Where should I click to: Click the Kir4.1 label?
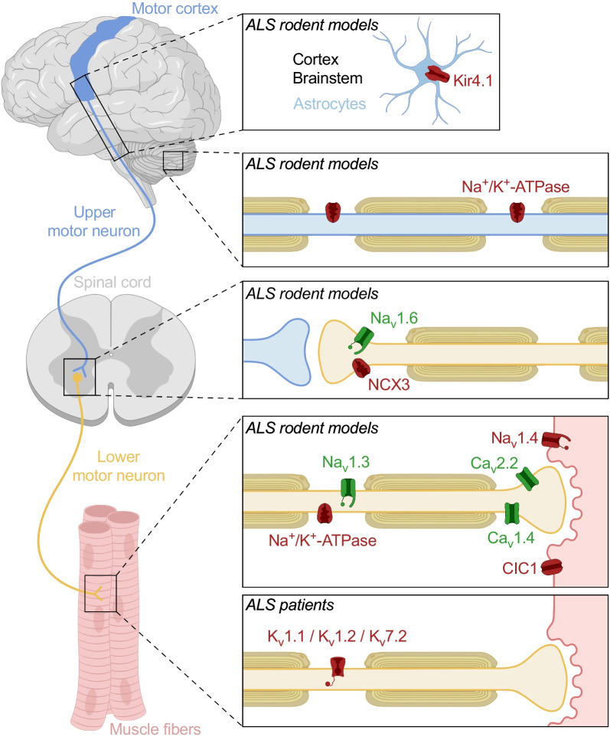pos(473,80)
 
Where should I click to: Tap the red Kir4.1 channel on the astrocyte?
pos(438,74)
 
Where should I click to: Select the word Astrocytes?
pos(330,104)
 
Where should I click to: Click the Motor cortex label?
pos(175,8)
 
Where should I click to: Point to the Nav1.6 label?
pos(394,319)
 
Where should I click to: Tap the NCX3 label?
pos(389,385)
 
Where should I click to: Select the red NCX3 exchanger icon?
pos(360,368)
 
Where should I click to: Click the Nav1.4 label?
pos(514,439)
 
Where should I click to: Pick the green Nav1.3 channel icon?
pos(348,493)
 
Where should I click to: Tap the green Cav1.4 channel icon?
pos(511,513)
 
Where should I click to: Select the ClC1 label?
pos(520,568)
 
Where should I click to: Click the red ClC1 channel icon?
pos(552,567)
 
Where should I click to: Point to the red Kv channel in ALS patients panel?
pos(336,670)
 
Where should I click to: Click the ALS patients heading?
pos(290,605)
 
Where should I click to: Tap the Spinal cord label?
pos(113,282)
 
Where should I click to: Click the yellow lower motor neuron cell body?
pos(77,378)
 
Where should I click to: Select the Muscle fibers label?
pos(155,729)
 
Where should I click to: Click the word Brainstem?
pos(328,78)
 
